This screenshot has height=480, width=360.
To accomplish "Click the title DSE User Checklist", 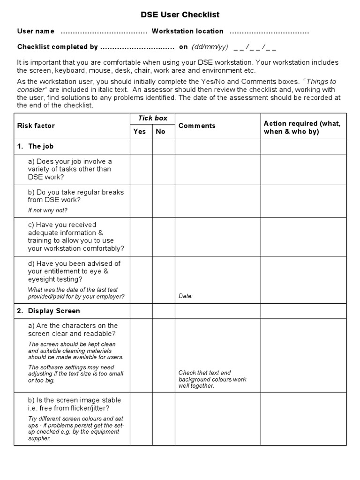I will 180,15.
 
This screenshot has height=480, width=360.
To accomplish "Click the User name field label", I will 36,31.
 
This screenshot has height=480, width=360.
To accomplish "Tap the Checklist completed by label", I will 58,47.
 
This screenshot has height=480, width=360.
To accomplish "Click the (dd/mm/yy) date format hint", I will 210,47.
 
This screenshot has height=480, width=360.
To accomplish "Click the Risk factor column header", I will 36,126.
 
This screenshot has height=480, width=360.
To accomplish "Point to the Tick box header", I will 152,118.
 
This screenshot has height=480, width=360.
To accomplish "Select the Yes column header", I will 140,132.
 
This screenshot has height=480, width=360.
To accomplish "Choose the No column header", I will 161,132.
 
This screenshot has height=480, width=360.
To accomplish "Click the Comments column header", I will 197,126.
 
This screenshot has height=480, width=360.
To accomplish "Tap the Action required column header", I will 302,127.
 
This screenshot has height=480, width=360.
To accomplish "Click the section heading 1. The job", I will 36,146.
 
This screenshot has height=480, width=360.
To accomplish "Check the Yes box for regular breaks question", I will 141,201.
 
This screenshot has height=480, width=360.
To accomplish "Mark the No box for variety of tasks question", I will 164,169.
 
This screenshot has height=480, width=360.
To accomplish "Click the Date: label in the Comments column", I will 186,296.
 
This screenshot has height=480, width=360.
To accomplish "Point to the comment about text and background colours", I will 212,379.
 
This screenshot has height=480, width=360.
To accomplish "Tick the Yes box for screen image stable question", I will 141,419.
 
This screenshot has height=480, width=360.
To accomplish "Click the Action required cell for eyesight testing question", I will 303,279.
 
